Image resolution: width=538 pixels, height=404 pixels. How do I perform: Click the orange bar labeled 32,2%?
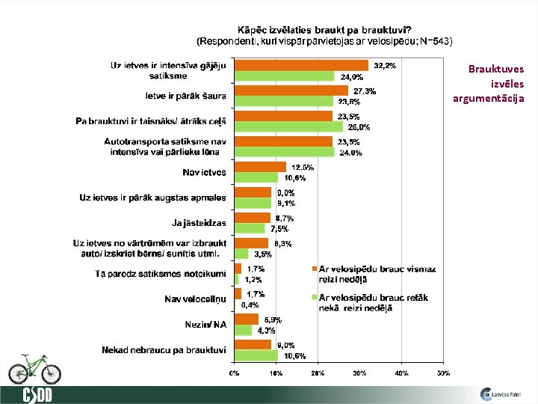pos(301,65)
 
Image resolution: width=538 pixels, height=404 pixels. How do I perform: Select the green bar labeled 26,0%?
pos(288,126)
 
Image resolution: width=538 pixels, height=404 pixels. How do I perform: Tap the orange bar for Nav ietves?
pos(260,167)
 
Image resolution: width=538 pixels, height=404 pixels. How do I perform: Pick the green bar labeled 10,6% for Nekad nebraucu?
pos(256,355)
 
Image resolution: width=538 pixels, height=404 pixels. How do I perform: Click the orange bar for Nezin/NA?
pos(246,319)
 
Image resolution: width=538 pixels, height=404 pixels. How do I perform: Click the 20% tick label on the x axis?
pos(318,372)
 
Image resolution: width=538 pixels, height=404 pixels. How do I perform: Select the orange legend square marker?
pos(315,268)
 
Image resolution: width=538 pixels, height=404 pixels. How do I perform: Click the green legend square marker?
pos(315,298)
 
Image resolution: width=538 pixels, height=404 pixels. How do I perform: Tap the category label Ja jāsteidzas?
pos(199,223)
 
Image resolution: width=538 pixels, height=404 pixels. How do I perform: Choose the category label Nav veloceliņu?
pos(196,299)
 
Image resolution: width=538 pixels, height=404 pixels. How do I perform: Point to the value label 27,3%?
pos(365,91)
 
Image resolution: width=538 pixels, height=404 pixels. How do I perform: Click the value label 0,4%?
pos(250,305)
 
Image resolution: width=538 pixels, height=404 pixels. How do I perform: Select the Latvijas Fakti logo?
pos(502,394)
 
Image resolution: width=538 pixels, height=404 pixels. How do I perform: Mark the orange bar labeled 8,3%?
pos(251,243)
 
